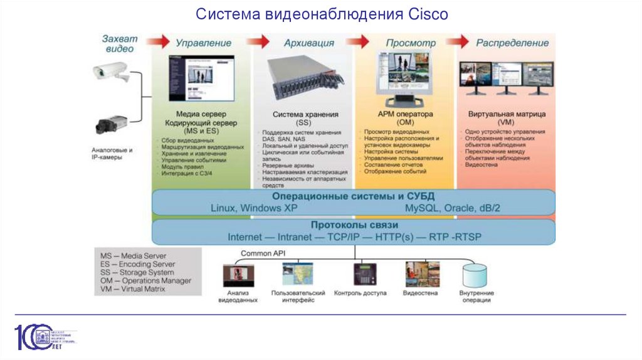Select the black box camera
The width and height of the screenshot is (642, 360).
pos(112,124)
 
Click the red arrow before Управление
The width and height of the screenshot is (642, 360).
pos(162,42)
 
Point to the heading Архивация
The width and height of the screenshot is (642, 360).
pos(308,43)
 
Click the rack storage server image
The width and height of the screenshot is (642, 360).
pos(303,80)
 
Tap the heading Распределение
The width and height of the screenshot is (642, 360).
pos(512,43)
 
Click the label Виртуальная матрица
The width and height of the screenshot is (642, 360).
pos(507,115)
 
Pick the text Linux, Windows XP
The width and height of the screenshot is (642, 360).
pos(254,208)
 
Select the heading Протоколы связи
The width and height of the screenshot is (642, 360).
pos(354,225)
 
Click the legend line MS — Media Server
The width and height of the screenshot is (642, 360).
pos(134,257)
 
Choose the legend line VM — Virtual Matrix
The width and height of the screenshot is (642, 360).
pos(133,289)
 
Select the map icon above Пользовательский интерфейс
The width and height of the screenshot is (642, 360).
pos(298,275)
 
